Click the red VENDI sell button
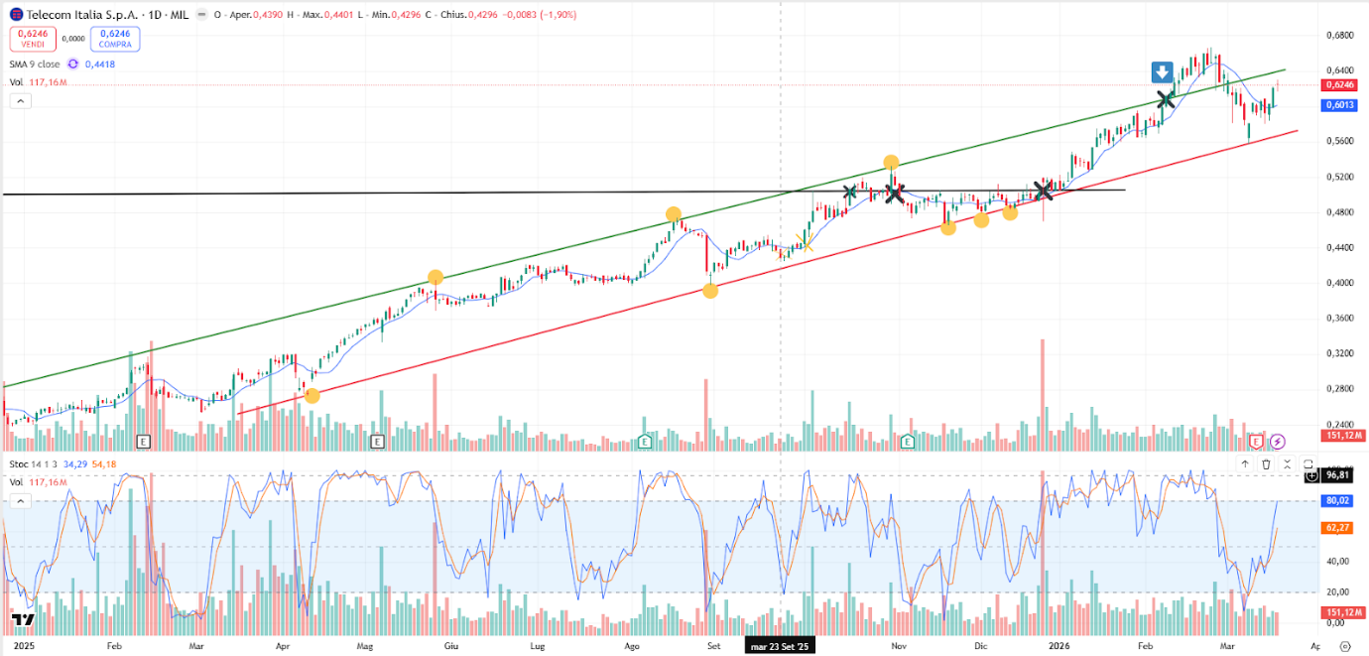(x=33, y=39)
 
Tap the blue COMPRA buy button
(x=115, y=39)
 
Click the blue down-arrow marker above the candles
(x=1163, y=71)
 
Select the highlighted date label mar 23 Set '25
(x=781, y=645)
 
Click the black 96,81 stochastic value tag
(x=1337, y=475)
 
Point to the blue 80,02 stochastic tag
(x=1338, y=501)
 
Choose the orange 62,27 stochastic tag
(x=1338, y=529)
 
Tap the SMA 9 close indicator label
(x=35, y=65)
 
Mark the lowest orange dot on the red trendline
(x=311, y=396)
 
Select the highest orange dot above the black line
(x=891, y=163)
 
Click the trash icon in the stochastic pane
(x=1266, y=463)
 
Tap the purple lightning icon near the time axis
(x=1278, y=441)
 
